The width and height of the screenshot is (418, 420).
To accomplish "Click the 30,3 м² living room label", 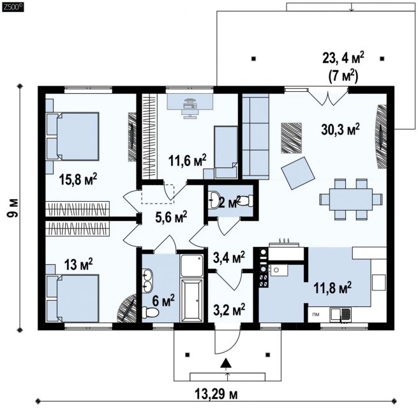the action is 340,130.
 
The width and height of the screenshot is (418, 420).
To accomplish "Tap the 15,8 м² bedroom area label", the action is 78,179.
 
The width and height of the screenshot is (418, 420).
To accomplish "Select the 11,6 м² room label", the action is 187,160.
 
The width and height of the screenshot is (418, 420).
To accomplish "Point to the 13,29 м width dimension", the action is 216,394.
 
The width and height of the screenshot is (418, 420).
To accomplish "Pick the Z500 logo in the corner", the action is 13,7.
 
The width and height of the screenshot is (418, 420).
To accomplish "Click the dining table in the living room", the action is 351,199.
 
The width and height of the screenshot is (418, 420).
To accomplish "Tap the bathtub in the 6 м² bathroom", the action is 191,300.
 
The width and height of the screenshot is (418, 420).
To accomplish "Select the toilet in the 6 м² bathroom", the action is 150,312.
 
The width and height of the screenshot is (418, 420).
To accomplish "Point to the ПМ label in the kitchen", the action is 316,315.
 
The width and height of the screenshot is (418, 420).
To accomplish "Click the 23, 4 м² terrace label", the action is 343,57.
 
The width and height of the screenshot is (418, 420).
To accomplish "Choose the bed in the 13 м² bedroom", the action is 72,298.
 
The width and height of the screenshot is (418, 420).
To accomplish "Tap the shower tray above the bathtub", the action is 191,266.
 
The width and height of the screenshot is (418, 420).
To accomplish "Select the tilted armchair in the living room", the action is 298,173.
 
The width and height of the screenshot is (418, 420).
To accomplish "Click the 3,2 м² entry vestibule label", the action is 229,310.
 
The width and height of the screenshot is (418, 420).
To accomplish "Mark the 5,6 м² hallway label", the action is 171,217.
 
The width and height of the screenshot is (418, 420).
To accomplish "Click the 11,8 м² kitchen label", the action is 332,288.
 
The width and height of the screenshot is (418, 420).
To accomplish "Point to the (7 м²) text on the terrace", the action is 343,77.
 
